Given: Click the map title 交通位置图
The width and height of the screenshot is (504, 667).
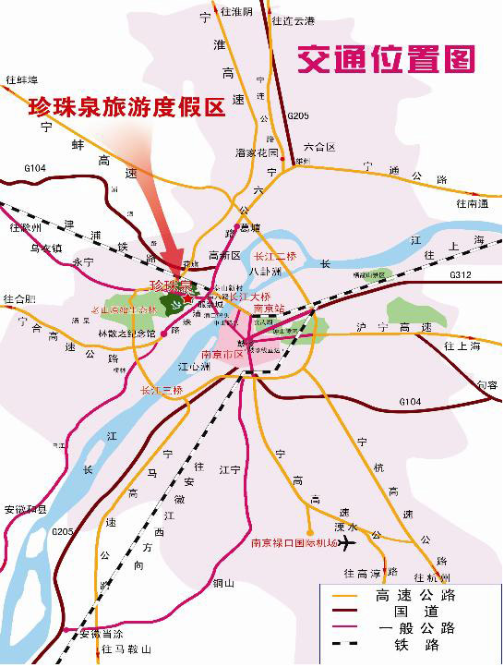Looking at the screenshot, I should (386, 59).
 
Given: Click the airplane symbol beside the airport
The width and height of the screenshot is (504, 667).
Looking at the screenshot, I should (347, 543).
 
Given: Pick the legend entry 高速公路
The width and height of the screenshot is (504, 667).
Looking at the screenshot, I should (415, 595).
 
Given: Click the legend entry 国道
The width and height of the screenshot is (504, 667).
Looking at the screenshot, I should (415, 612).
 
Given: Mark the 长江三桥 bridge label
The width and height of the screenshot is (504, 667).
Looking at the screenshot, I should (161, 391).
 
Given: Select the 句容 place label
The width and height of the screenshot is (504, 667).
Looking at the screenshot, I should (486, 384).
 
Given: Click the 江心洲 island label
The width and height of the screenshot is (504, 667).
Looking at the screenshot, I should (195, 367).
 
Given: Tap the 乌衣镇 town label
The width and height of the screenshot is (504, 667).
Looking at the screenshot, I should (46, 248).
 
